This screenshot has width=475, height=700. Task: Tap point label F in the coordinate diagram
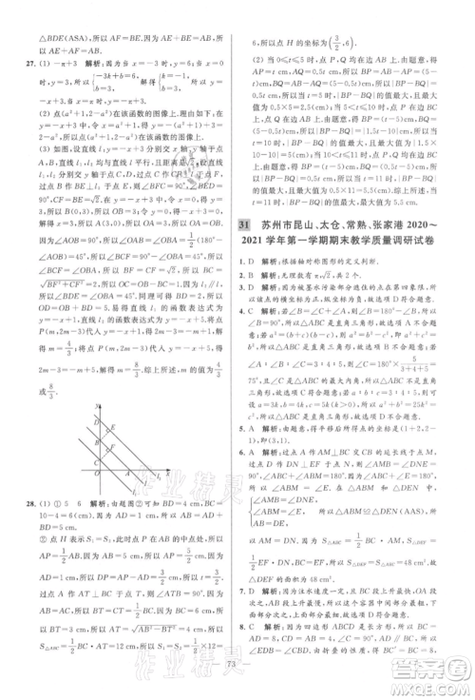coord(113,447)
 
